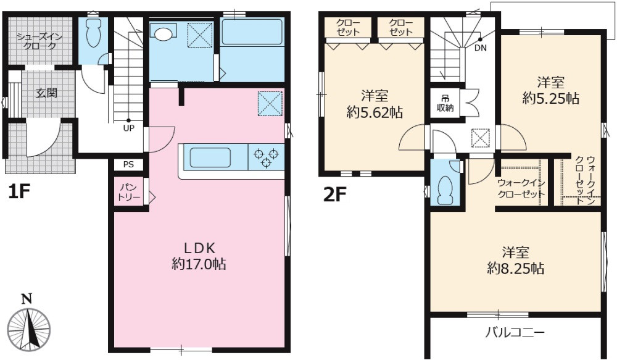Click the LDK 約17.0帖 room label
point(199,256)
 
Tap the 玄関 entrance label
point(47,93)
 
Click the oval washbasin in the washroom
point(164,34)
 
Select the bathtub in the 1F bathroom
point(252,32)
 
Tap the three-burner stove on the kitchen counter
point(265,157)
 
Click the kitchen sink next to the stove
point(210,157)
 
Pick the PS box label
point(128,165)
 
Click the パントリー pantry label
point(130,192)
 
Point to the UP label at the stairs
point(129,128)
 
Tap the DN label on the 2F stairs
point(480,48)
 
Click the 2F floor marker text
point(335,195)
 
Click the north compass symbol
point(29,325)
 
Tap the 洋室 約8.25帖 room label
point(515,261)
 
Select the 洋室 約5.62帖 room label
point(375,104)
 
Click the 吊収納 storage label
point(445,103)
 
